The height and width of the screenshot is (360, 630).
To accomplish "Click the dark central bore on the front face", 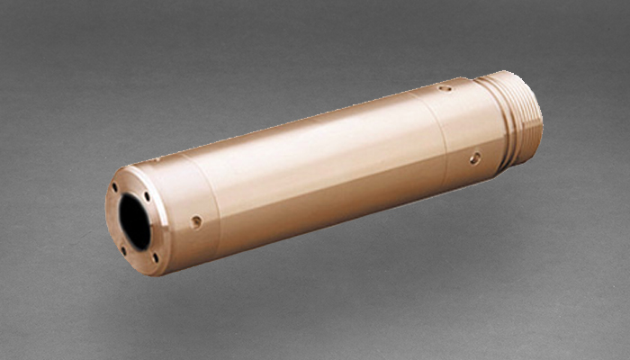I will point(135,221).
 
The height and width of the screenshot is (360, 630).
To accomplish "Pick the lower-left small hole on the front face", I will point(123,249).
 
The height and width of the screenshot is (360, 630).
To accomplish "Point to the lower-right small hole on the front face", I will point(155,257).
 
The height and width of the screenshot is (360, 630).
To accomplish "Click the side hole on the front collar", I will point(196,221).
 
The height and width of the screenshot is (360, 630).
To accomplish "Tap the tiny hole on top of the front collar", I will point(157,159).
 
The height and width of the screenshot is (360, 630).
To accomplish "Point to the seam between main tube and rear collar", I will point(441,135).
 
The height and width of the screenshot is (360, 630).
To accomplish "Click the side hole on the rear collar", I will point(475,158).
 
